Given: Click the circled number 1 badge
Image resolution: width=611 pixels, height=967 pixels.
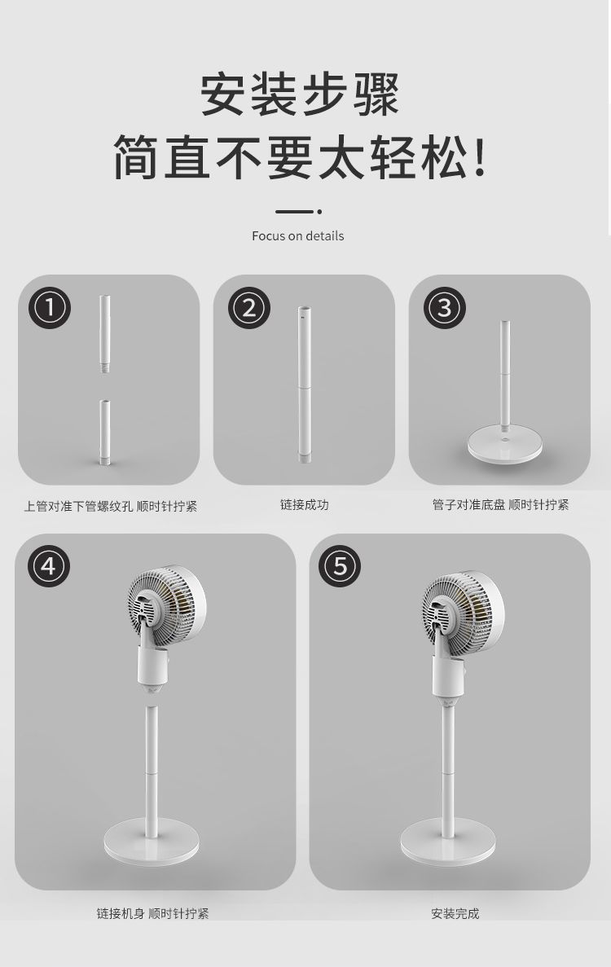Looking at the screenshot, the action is click(50, 307).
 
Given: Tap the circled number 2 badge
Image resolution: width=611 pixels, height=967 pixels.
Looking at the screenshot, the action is click(249, 307).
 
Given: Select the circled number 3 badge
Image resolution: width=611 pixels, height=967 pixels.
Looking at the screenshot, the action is click(445, 307).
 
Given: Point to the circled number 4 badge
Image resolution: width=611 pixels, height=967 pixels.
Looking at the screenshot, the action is click(49, 565).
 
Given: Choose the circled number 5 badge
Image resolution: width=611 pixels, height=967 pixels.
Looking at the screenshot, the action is click(340, 565).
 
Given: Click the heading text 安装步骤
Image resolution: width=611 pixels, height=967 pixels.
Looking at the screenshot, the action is click(301, 95).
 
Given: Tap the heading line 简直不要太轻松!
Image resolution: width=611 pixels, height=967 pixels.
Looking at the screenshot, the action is click(301, 156).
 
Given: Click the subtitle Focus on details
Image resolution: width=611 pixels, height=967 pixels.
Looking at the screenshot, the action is click(298, 235).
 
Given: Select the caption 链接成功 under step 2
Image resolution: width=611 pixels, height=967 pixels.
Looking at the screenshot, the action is click(305, 504).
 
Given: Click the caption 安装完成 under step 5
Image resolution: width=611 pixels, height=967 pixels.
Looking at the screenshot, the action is click(455, 913).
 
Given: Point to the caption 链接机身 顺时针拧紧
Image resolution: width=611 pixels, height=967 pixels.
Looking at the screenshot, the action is click(153, 913).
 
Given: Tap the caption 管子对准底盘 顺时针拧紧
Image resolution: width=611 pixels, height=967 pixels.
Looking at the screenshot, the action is click(501, 504).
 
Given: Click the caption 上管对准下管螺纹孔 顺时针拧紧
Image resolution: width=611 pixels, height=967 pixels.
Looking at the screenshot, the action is click(110, 507).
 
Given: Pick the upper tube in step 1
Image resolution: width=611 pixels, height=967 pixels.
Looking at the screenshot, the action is click(105, 334).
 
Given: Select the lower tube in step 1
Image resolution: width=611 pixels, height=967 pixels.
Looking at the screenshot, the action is click(105, 433).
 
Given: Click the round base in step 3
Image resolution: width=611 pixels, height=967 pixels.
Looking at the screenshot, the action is click(505, 444).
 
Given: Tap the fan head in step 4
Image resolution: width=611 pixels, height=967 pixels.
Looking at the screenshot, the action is click(166, 609).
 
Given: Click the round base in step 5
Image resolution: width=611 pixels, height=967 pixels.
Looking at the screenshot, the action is click(448, 842).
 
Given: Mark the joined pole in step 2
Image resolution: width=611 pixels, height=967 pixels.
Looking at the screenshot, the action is click(304, 385).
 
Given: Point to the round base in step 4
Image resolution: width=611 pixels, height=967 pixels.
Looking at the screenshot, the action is click(152, 842).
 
